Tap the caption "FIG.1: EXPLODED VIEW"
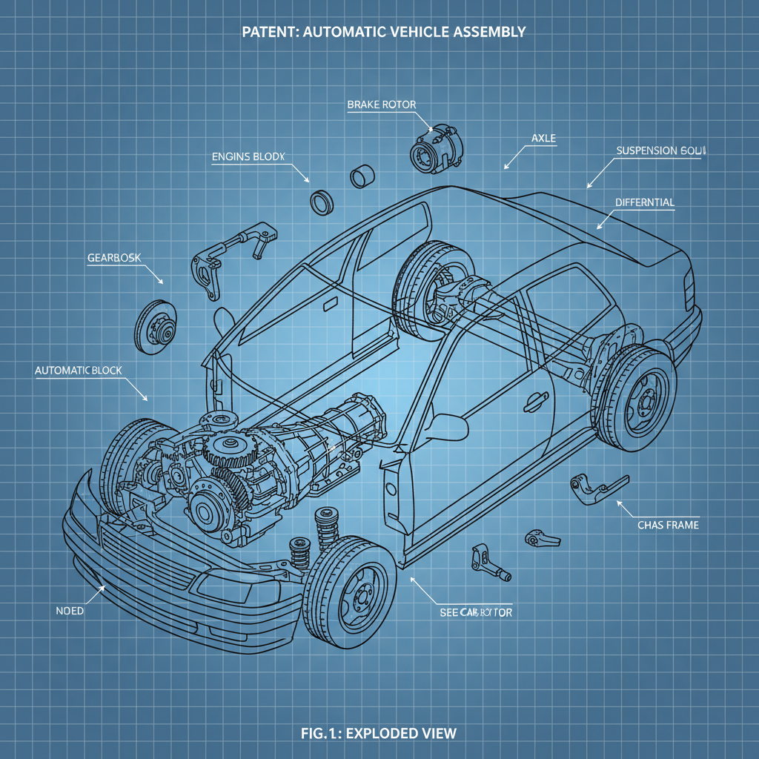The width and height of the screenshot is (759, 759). (379, 733)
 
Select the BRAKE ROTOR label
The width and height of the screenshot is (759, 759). (381, 105)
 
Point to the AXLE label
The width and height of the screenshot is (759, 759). (544, 139)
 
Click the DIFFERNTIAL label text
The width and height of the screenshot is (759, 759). (645, 202)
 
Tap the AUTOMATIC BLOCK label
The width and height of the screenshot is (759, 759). (78, 369)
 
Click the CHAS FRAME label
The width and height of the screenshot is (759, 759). (668, 525)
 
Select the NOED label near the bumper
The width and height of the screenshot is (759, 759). (70, 611)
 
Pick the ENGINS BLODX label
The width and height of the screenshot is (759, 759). (248, 156)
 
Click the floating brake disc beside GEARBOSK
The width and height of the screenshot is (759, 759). (158, 326)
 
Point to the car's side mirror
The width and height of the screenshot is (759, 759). (445, 428)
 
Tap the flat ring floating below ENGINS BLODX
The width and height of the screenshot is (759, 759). (321, 201)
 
